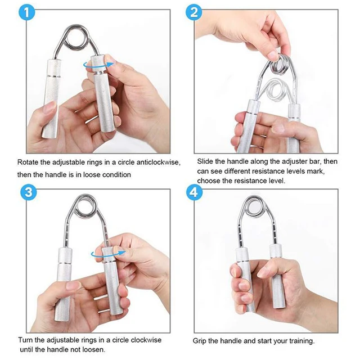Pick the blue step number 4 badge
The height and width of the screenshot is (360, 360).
(x=194, y=193)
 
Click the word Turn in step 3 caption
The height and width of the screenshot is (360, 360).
(x=26, y=340)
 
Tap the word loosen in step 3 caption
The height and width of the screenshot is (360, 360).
(x=90, y=350)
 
